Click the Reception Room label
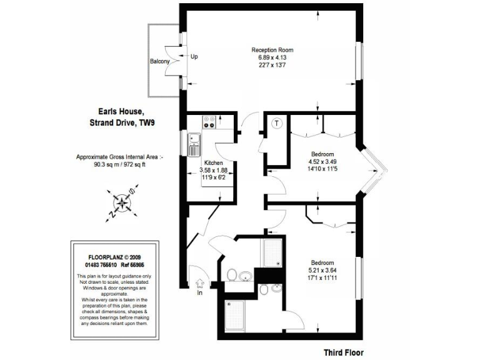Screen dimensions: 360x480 272,50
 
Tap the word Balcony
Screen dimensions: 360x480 159,61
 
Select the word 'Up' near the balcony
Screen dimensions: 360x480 194,57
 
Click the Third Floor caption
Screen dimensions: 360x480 343,352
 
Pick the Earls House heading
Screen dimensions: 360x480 122,112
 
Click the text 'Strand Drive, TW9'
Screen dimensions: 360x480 122,122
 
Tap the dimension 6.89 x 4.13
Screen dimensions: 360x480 272,57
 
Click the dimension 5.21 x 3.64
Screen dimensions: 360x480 322,270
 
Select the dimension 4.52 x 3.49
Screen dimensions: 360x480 322,161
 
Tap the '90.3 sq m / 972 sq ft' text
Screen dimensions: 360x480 119,165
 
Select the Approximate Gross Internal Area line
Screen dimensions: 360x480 119,157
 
